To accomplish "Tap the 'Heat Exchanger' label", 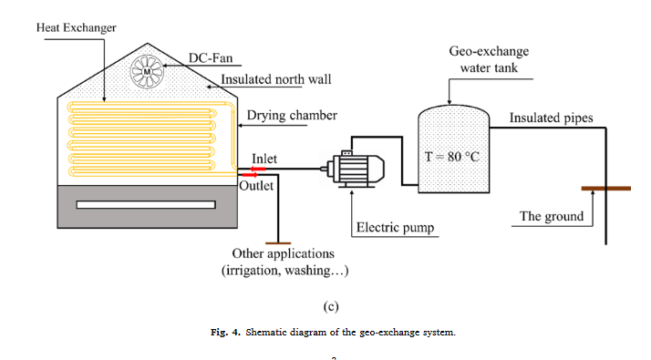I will (77, 28).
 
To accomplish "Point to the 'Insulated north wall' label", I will (276, 79).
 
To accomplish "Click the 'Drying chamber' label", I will (292, 116).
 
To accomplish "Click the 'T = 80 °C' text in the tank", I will (451, 156).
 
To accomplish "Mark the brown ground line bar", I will (605, 190).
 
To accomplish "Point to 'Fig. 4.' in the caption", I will (226, 332).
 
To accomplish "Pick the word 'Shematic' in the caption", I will (271, 332).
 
